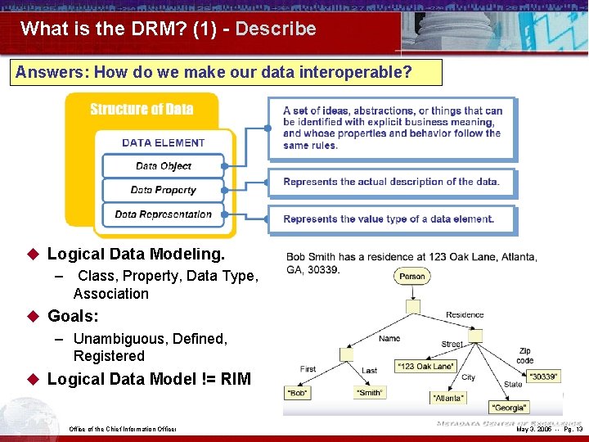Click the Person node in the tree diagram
tap(412, 277)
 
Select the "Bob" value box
tap(298, 393)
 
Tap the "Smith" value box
tap(370, 393)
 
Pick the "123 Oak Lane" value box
tap(425, 366)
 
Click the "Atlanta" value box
tap(448, 398)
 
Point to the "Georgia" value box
tap(509, 407)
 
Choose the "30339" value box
tap(543, 377)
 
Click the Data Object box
tap(164, 166)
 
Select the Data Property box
tap(164, 190)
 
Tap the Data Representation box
tap(164, 214)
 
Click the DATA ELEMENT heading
tap(164, 142)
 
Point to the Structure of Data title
tap(142, 110)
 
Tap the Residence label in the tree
tap(465, 314)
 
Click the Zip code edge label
tap(525, 355)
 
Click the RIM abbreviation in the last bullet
tap(234, 379)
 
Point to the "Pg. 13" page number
tap(573, 429)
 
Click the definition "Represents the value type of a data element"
tap(389, 219)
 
